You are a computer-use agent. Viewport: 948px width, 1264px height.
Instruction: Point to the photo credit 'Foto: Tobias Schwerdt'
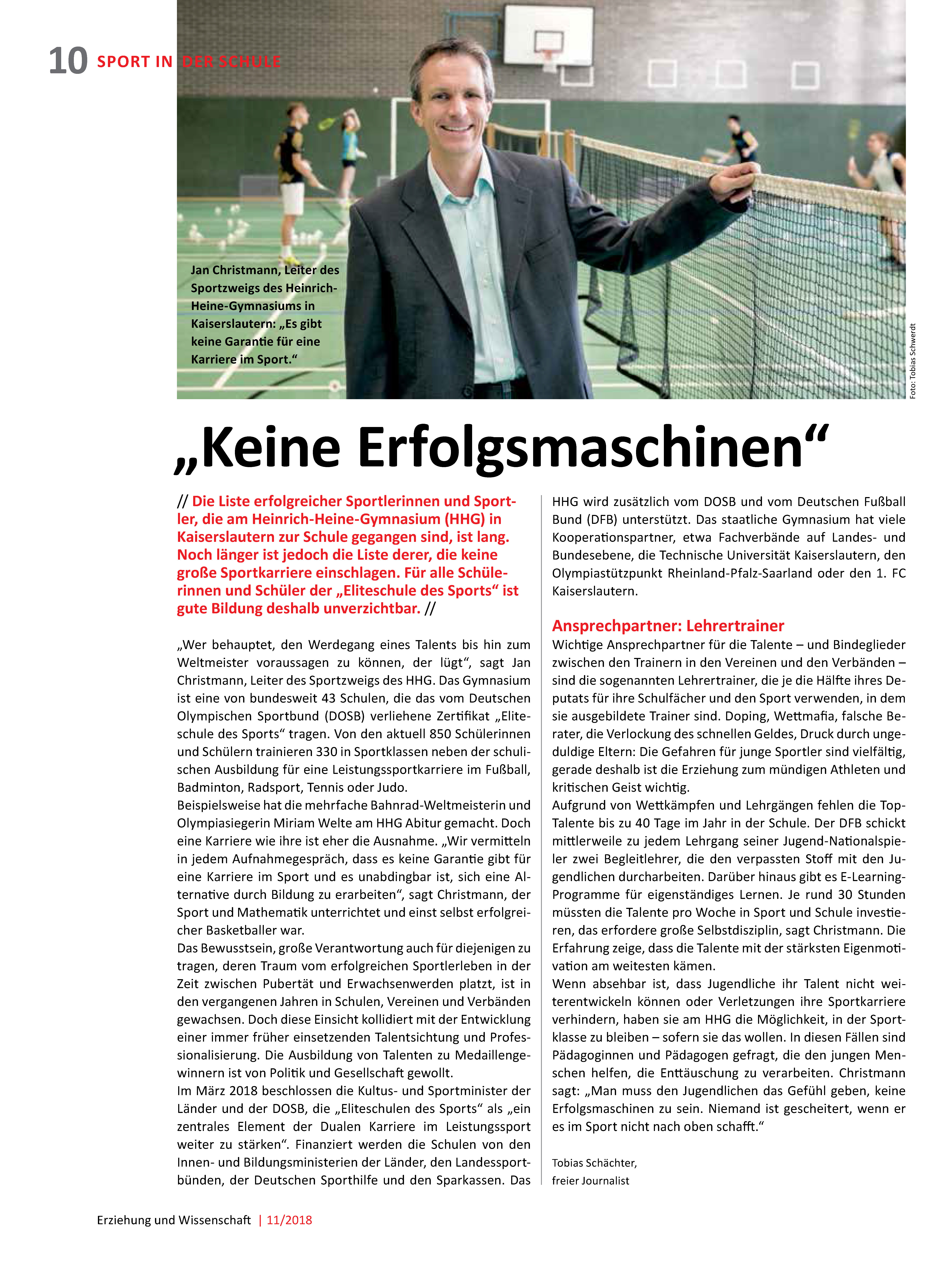point(913,361)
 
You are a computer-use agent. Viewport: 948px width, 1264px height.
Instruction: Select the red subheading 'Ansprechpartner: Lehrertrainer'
point(667,626)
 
